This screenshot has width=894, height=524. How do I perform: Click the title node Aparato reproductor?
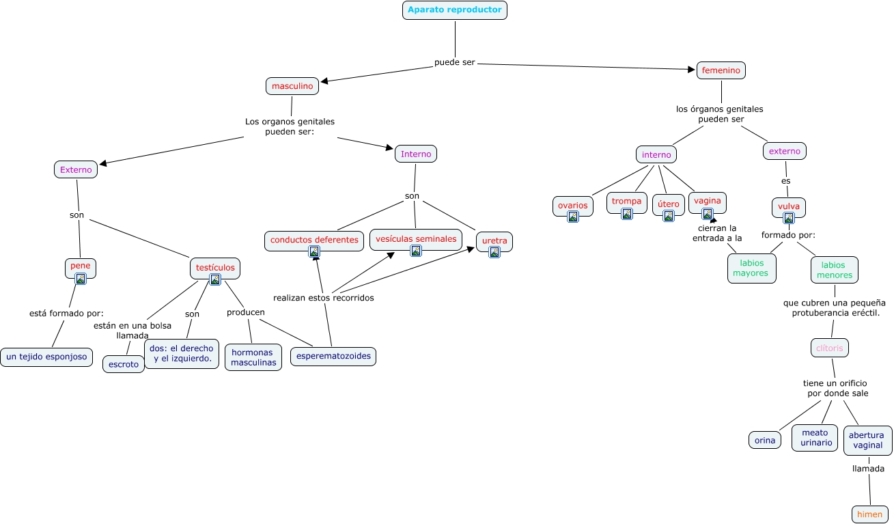(454, 10)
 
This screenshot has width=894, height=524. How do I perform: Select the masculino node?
(292, 86)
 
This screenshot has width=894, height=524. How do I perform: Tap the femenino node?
(721, 70)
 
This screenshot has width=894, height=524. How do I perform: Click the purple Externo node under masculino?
(76, 169)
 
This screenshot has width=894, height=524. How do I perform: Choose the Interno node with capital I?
(415, 154)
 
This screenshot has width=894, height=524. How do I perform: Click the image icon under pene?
(81, 278)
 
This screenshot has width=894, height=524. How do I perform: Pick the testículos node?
(215, 267)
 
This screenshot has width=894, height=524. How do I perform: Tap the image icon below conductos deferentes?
(314, 251)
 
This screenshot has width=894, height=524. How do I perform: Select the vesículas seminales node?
(415, 238)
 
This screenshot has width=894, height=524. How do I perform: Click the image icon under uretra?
(494, 252)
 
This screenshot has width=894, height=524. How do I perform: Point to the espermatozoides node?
(333, 356)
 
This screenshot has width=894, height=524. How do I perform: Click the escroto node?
(123, 364)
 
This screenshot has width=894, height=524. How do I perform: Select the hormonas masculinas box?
(253, 357)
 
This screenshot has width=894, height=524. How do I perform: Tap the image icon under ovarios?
(573, 217)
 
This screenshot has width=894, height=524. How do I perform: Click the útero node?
(668, 204)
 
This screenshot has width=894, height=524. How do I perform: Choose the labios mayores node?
(750, 268)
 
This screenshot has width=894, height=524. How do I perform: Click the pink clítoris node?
(830, 348)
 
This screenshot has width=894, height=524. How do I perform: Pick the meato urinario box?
(815, 437)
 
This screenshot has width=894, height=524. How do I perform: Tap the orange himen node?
(870, 514)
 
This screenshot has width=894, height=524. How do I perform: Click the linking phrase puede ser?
(454, 63)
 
